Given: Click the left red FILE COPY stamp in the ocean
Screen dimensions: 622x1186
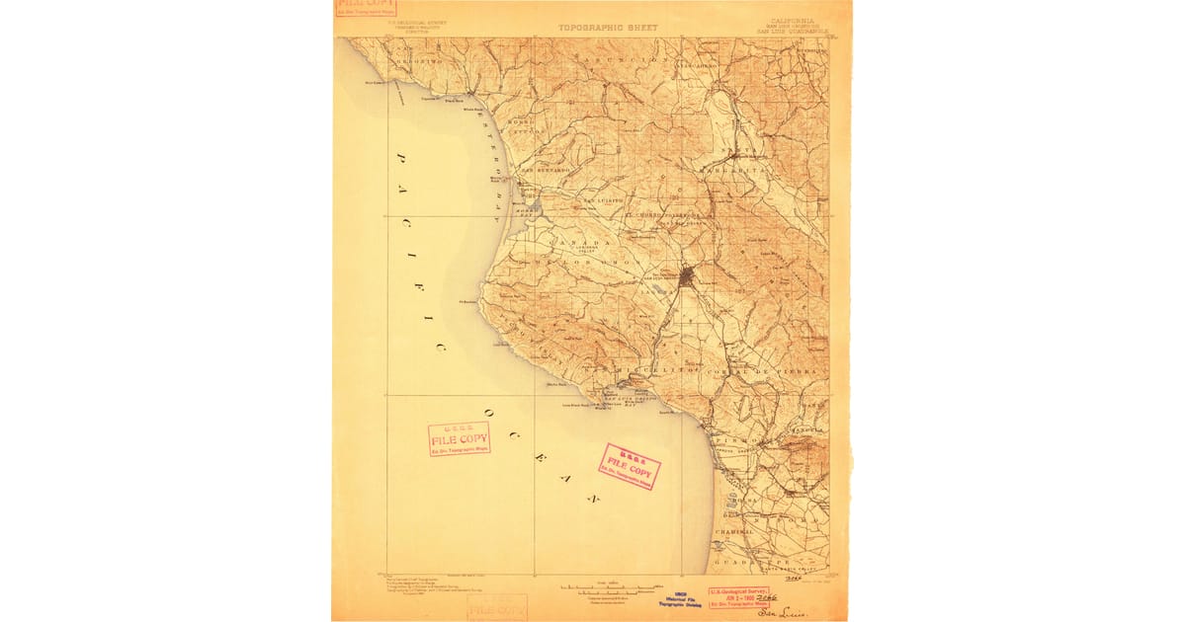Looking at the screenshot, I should pyautogui.click(x=459, y=438).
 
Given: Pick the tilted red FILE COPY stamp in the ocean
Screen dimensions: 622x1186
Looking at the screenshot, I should pyautogui.click(x=630, y=466).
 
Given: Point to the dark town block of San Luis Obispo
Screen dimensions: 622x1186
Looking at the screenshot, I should pyautogui.click(x=686, y=276).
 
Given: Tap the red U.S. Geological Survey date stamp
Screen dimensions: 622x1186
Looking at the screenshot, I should pyautogui.click(x=738, y=596).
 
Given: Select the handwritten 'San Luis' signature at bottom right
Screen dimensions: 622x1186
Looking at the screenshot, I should pyautogui.click(x=783, y=612).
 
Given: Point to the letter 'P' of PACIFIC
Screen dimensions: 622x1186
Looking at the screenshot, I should pyautogui.click(x=402, y=158).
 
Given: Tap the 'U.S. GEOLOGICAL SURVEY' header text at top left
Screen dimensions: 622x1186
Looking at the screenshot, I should pyautogui.click(x=418, y=20).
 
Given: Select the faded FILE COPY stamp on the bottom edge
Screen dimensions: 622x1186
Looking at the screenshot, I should pyautogui.click(x=497, y=607).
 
